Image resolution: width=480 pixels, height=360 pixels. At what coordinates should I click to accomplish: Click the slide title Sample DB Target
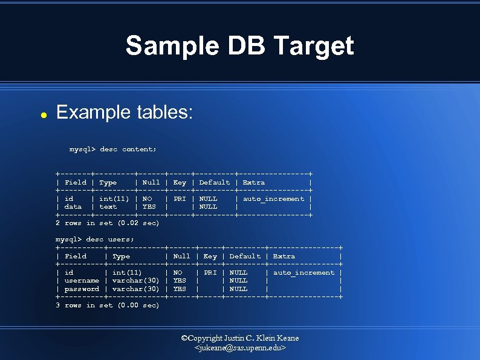click(x=239, y=46)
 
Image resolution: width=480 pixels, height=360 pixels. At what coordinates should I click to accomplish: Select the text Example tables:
click(x=124, y=112)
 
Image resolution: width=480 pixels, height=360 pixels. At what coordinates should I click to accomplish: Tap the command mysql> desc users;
click(x=95, y=240)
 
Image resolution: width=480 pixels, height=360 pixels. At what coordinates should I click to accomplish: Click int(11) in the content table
click(x=114, y=198)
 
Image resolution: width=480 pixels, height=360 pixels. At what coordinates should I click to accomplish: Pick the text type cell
click(x=108, y=207)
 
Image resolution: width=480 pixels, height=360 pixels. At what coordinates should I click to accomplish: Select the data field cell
click(x=73, y=207)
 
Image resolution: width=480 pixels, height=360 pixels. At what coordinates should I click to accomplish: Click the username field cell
click(x=82, y=281)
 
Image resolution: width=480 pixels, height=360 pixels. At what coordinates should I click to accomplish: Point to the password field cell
click(x=82, y=289)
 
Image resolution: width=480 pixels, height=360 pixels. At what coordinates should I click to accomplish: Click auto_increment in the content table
click(x=273, y=198)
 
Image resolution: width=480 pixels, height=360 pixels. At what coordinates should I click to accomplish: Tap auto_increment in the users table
click(x=303, y=273)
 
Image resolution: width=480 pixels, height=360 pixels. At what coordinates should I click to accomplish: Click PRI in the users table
click(x=210, y=273)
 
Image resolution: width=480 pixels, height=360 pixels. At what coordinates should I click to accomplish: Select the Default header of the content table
click(x=214, y=182)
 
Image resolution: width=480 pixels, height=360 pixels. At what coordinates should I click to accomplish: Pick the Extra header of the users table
click(x=284, y=257)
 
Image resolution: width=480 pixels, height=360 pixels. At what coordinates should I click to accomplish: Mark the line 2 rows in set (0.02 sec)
click(x=108, y=223)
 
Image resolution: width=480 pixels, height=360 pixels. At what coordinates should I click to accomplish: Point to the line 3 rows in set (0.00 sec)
click(x=108, y=306)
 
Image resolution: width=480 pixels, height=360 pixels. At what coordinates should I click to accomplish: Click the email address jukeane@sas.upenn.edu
click(x=240, y=349)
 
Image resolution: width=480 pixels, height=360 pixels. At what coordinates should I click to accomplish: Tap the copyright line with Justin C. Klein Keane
click(x=240, y=338)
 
